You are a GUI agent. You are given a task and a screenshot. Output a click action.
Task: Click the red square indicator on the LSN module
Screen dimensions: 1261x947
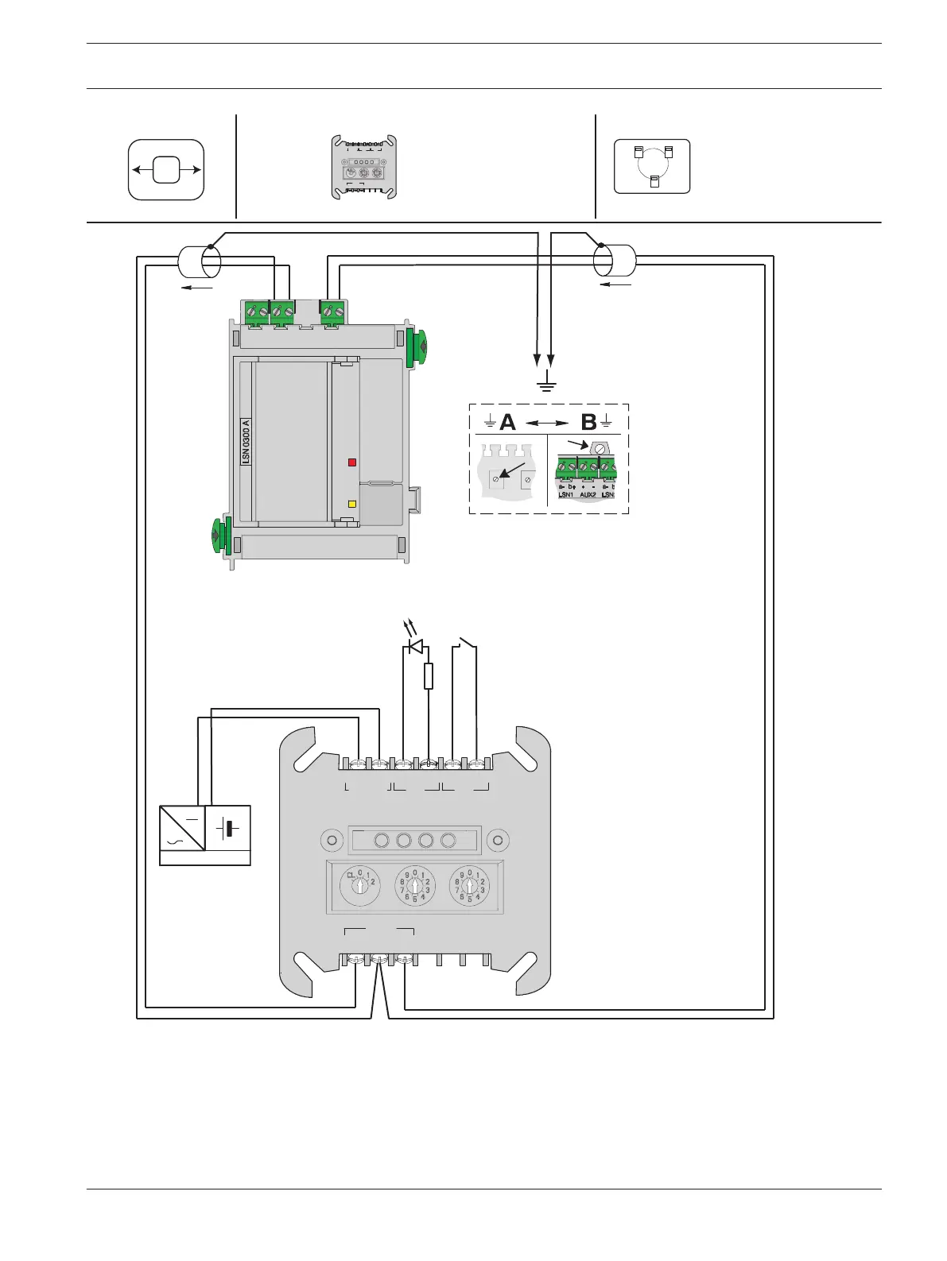(352, 462)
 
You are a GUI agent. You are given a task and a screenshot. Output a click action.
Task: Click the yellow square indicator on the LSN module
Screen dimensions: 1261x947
(352, 504)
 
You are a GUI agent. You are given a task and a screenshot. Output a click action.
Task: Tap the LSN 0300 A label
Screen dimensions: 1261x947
(246, 441)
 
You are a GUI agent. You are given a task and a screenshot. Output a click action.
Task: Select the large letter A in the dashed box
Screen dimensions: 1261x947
(507, 422)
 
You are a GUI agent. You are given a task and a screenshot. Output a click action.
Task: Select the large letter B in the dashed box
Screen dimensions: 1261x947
(588, 422)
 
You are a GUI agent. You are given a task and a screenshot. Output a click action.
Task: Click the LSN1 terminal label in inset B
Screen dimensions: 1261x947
(566, 494)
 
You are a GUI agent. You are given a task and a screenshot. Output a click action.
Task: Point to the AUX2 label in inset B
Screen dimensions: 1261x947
(588, 494)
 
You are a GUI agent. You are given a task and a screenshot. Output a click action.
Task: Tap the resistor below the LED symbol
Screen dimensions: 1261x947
(429, 676)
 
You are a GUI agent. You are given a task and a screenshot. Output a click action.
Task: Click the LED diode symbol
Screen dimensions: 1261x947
(415, 647)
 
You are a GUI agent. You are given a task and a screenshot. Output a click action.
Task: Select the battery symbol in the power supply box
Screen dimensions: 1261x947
(229, 829)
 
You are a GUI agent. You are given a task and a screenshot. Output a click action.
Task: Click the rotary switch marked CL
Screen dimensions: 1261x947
(360, 885)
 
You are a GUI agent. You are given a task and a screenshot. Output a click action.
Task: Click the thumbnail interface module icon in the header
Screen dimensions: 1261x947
(363, 167)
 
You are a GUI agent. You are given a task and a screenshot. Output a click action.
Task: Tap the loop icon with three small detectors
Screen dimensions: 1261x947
(652, 166)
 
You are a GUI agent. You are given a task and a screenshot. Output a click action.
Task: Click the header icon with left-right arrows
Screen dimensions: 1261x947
(166, 169)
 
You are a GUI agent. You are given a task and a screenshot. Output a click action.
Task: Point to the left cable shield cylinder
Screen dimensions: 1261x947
(200, 261)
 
